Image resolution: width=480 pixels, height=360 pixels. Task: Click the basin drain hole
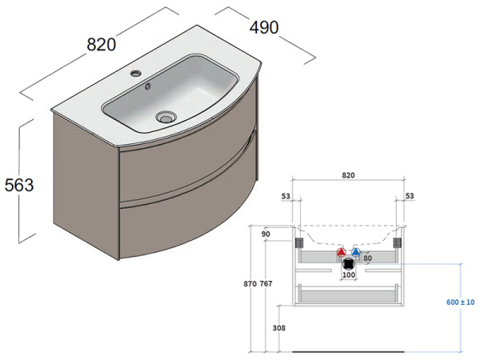(166, 116)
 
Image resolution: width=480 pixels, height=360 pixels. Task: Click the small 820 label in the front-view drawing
(348, 174)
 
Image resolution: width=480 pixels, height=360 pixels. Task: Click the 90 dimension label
(266, 234)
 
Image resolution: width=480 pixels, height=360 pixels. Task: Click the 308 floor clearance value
(278, 328)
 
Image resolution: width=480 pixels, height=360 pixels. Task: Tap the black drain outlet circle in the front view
(348, 263)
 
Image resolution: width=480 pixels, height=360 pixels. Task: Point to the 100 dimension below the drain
(348, 275)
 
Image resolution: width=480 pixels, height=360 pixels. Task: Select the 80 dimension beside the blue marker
(369, 258)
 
